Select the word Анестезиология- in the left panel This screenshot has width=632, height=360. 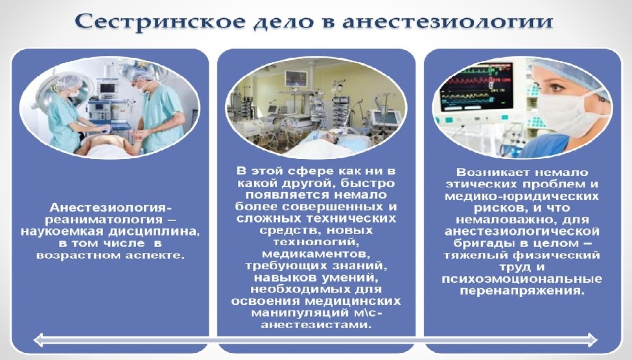pos(110,208)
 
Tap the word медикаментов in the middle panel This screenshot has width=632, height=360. pos(316,254)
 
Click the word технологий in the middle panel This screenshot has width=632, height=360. pos(316,243)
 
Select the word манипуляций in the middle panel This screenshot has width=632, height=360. pos(292,313)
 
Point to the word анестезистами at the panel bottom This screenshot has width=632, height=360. pos(316,324)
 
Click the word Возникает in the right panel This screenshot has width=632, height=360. pos(489,173)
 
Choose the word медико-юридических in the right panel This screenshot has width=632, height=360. pos(522,197)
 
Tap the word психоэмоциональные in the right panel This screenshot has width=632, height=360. pos(522,279)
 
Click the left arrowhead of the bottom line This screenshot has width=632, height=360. pos(39,340)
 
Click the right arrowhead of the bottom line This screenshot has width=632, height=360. pos(592,340)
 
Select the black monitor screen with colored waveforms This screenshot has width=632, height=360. pos(476,88)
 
